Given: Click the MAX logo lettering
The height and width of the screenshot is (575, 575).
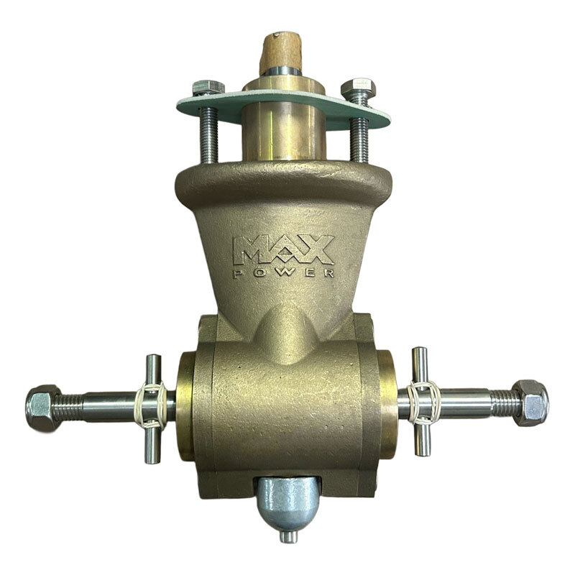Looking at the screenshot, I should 282,249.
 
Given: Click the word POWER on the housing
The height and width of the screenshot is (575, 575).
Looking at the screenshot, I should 282,272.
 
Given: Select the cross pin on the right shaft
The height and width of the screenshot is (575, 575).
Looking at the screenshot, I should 422,400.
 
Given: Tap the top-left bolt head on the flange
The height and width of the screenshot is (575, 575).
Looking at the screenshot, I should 208,89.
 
